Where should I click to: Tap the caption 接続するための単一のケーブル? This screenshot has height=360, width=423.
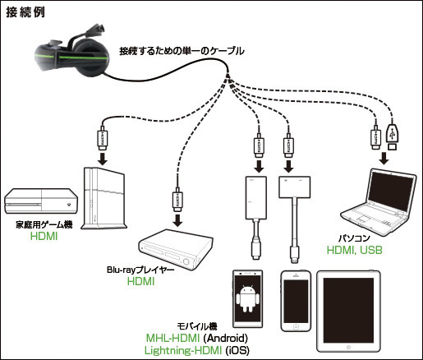click(x=182, y=51)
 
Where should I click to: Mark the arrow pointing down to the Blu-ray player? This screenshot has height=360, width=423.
click(x=177, y=219)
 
